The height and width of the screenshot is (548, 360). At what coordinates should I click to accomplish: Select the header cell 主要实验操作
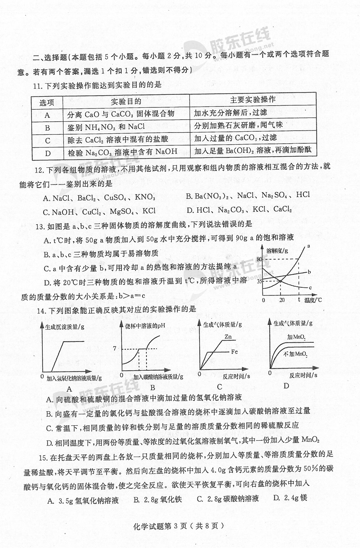coord(252,100)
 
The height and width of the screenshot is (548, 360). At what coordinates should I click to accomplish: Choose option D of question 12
coord(239,209)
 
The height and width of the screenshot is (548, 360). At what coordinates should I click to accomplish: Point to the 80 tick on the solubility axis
coord(259,259)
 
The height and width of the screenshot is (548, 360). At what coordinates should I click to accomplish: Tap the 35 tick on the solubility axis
coord(259,281)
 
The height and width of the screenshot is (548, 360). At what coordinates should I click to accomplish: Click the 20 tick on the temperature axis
coord(282,300)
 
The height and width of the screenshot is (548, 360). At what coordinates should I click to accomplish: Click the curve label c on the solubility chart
coord(310,287)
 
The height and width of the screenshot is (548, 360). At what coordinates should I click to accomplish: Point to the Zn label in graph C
coord(228,337)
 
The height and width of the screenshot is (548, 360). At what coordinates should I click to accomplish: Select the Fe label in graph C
coord(235,351)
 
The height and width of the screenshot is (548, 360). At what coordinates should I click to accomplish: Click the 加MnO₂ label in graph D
coord(296,337)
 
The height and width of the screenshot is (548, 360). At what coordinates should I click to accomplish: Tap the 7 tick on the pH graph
coord(114,349)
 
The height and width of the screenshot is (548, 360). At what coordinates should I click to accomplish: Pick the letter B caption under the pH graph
coord(152,387)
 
